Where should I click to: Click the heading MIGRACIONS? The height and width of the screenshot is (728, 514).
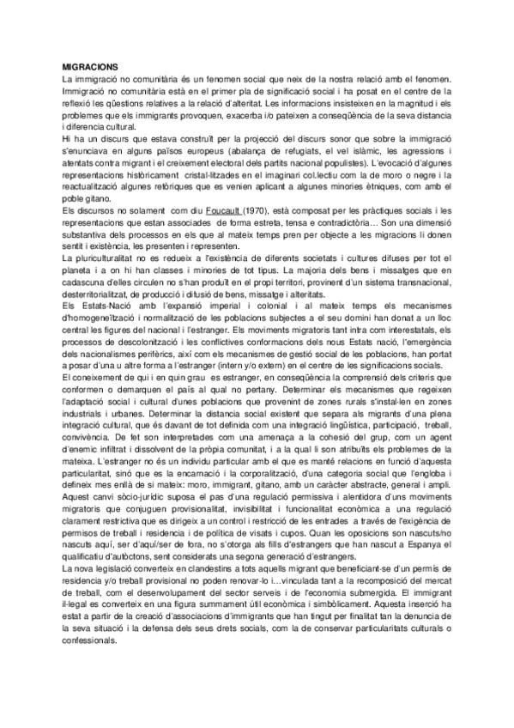91,66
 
